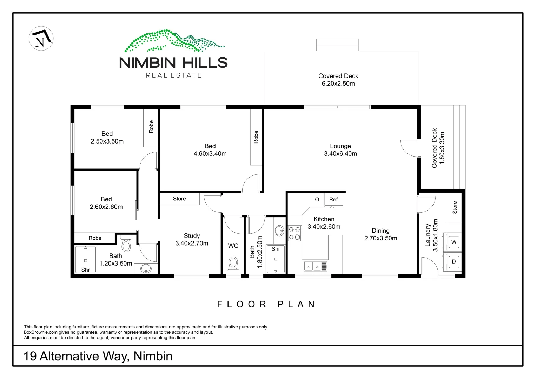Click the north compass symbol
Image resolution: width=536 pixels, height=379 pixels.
coord(41,39)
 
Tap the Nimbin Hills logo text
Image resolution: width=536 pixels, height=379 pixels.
coord(173,63)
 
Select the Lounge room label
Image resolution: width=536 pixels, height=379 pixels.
coord(340,146)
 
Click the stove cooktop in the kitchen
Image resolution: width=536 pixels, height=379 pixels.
coord(295,233)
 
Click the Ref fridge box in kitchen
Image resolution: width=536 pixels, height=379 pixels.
coord(333,200)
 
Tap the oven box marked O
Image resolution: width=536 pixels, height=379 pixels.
coord(317,200)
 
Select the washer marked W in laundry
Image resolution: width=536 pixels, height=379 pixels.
coord(454,242)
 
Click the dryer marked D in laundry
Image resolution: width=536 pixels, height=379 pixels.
coord(454,261)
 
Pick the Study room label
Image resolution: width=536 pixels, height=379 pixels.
coord(192,236)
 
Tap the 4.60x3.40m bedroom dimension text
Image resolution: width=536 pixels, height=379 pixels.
coord(210,154)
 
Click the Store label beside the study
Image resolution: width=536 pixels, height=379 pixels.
coord(179,199)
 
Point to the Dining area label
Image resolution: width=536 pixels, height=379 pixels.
coord(381,231)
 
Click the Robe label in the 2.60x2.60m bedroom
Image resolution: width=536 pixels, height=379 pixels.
coord(95,238)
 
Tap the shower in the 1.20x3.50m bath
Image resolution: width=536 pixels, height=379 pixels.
coord(86,260)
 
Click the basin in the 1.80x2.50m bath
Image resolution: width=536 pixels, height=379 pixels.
coord(279,231)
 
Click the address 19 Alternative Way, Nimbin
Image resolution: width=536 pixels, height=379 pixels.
coord(98,356)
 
